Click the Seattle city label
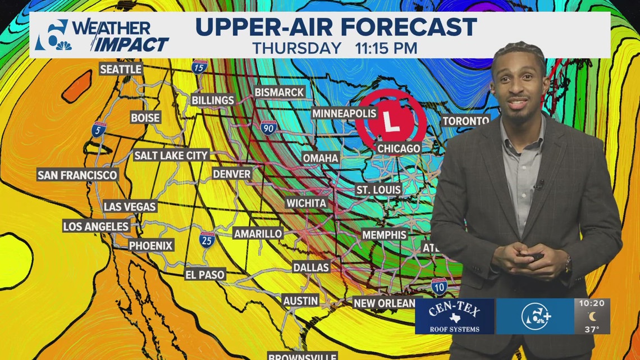[x=121, y=69]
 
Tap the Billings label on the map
[x=213, y=100]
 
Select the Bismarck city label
[x=279, y=92]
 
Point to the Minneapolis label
[x=344, y=113]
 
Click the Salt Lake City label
[x=171, y=155]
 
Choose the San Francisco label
[x=77, y=175]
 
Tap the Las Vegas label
[x=130, y=207]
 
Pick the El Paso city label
[x=205, y=275]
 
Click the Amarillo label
[x=258, y=233]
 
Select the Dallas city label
[x=310, y=267]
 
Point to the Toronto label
[x=466, y=121]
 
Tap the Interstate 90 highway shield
[x=268, y=129]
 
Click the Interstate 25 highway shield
[x=207, y=240]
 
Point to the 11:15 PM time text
[x=386, y=48]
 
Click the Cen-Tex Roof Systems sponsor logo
[x=455, y=316]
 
